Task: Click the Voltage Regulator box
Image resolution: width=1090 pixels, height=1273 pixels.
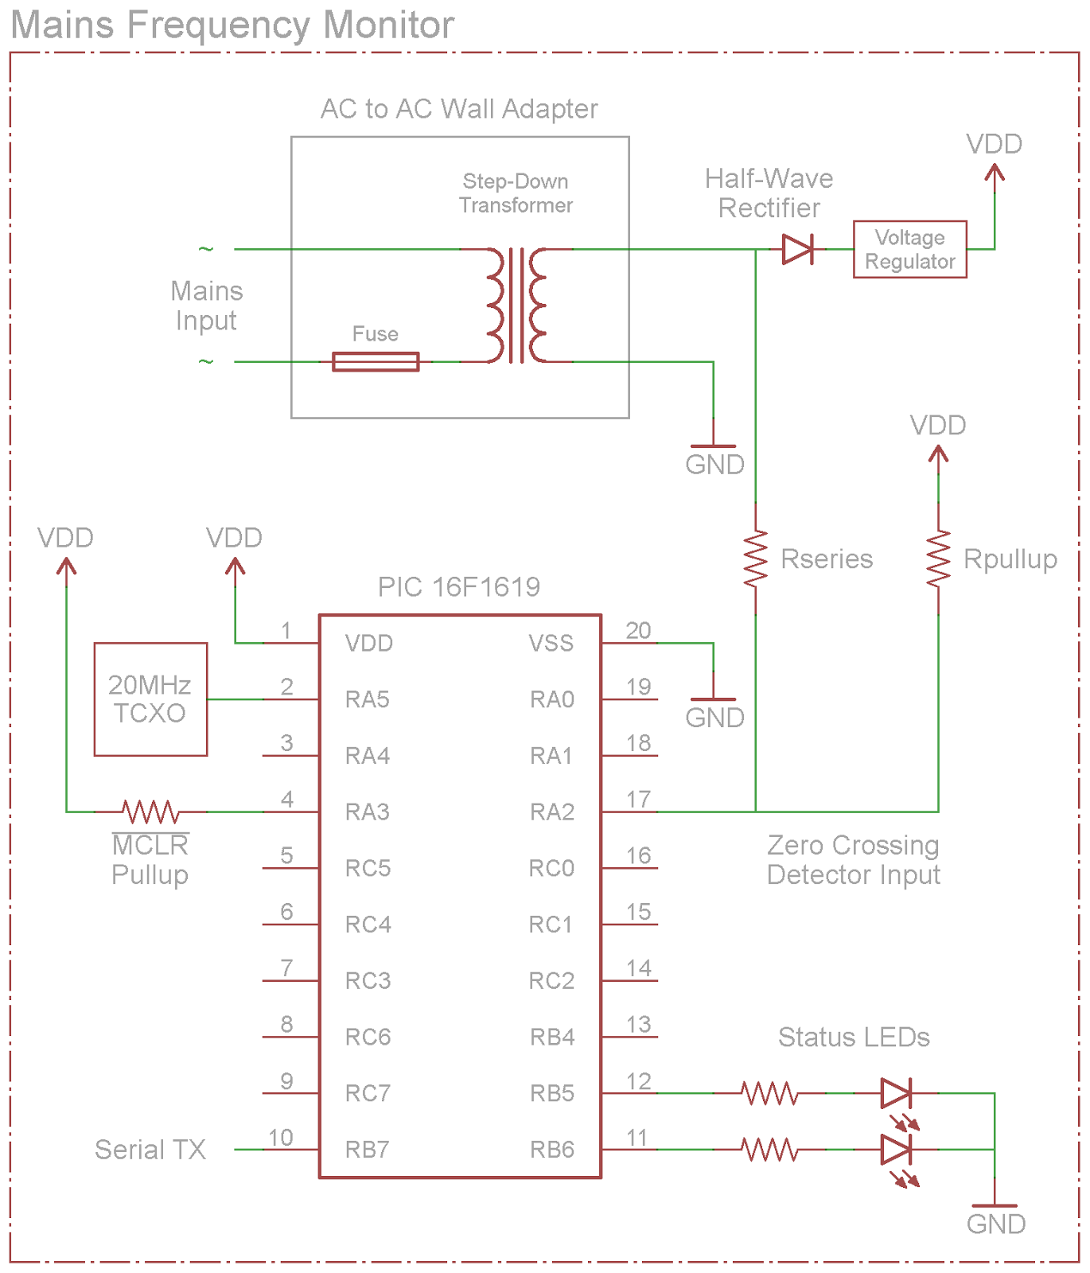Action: [909, 249]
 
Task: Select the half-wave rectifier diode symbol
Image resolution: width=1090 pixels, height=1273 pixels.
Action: [797, 249]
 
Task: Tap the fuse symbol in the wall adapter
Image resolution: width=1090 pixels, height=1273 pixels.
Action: [376, 362]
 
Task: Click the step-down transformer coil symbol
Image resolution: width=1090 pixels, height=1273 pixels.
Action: [517, 306]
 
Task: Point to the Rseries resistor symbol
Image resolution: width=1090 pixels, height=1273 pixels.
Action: [755, 559]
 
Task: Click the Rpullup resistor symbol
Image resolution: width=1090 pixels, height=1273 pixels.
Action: [938, 559]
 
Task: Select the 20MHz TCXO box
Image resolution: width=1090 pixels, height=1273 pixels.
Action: [150, 699]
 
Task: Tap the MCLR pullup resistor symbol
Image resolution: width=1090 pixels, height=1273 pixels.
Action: [150, 812]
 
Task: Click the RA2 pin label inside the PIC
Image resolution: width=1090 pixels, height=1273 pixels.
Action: [552, 812]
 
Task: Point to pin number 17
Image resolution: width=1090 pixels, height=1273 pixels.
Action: [638, 799]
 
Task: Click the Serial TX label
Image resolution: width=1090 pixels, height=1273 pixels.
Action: [150, 1150]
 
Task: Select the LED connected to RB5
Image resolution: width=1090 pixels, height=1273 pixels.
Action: [896, 1094]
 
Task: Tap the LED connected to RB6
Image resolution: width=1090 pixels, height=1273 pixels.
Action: [896, 1150]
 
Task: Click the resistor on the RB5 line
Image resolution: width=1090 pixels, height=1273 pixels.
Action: [769, 1094]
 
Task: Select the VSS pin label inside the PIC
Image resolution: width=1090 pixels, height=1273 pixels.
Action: [551, 643]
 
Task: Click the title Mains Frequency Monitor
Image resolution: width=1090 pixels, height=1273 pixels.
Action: [232, 25]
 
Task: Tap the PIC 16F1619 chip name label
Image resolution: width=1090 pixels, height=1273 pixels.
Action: [459, 587]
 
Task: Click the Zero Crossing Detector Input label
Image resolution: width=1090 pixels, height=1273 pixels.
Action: [853, 860]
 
